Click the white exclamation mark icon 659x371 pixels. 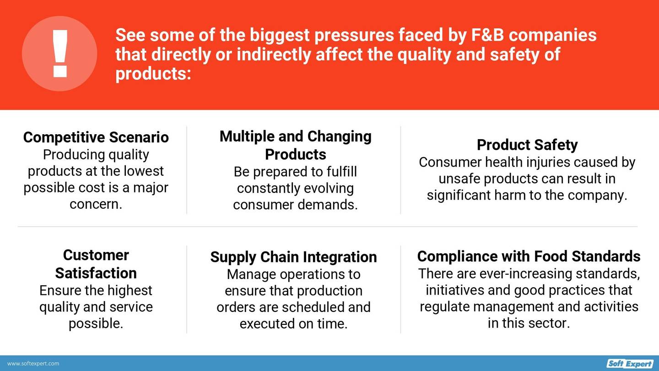(60, 54)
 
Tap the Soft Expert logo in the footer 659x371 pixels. (630, 364)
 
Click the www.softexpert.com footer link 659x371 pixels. (33, 364)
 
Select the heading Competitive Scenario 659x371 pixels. (96, 137)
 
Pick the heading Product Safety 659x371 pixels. (527, 145)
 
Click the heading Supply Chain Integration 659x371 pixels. (293, 257)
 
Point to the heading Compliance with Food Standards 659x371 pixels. (529, 256)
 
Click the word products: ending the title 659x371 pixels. (153, 74)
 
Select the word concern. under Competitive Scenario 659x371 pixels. (96, 204)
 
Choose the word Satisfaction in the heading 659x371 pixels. (96, 273)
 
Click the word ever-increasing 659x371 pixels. (525, 274)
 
